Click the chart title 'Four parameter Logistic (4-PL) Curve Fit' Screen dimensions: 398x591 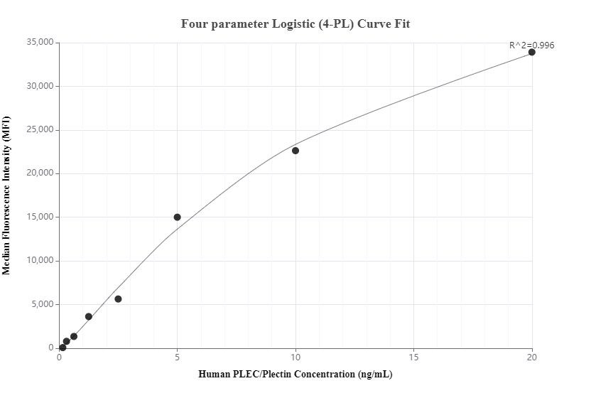pos(295,23)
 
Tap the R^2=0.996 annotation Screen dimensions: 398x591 pos(531,45)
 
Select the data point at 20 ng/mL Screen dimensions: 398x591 pos(532,52)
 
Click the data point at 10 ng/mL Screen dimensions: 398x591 pos(295,151)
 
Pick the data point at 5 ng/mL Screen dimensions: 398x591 pos(178,217)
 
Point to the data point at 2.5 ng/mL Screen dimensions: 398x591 pos(118,299)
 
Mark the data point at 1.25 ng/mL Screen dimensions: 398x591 pos(89,316)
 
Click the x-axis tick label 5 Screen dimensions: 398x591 pos(178,357)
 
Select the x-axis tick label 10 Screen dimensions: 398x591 pos(295,357)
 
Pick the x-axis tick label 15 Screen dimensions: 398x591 pos(414,357)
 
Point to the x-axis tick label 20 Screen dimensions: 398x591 pos(532,357)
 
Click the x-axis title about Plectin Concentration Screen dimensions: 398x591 pos(295,375)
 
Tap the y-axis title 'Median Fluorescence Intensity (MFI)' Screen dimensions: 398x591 pos(7,195)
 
